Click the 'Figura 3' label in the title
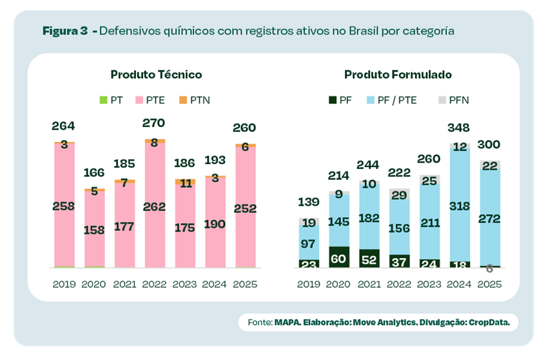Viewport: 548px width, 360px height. tap(65, 31)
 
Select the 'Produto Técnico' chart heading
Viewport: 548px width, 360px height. tap(156, 74)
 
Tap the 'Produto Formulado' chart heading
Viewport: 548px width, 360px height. tap(398, 74)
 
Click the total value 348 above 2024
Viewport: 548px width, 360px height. tap(460, 128)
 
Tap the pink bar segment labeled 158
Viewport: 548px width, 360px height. tap(94, 230)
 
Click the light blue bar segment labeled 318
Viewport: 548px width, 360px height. tap(460, 206)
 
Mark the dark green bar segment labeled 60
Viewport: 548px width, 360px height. tap(338, 257)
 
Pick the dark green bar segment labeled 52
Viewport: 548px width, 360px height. tap(369, 259)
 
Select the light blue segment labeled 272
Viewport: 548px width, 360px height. tap(490, 219)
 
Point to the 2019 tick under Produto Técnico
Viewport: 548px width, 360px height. tap(65, 284)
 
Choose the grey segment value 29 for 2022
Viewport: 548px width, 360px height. tap(399, 195)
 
